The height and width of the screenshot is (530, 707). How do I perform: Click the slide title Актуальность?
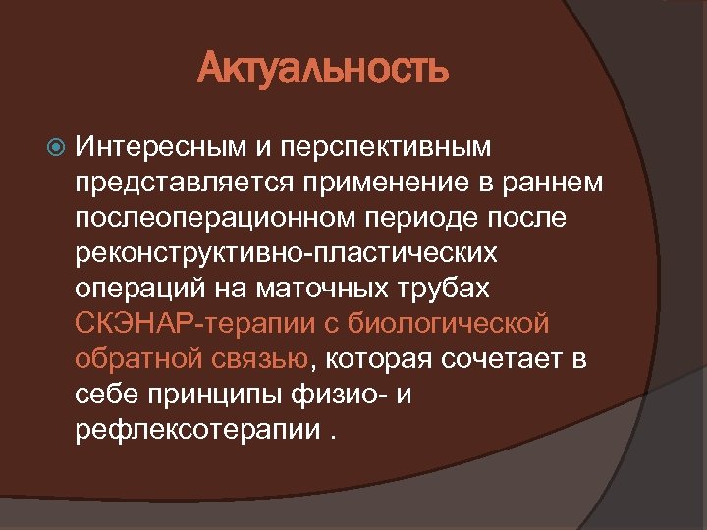click(x=323, y=69)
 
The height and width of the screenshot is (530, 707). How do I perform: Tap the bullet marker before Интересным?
click(x=56, y=147)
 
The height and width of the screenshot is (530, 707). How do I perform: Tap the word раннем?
click(x=554, y=183)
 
